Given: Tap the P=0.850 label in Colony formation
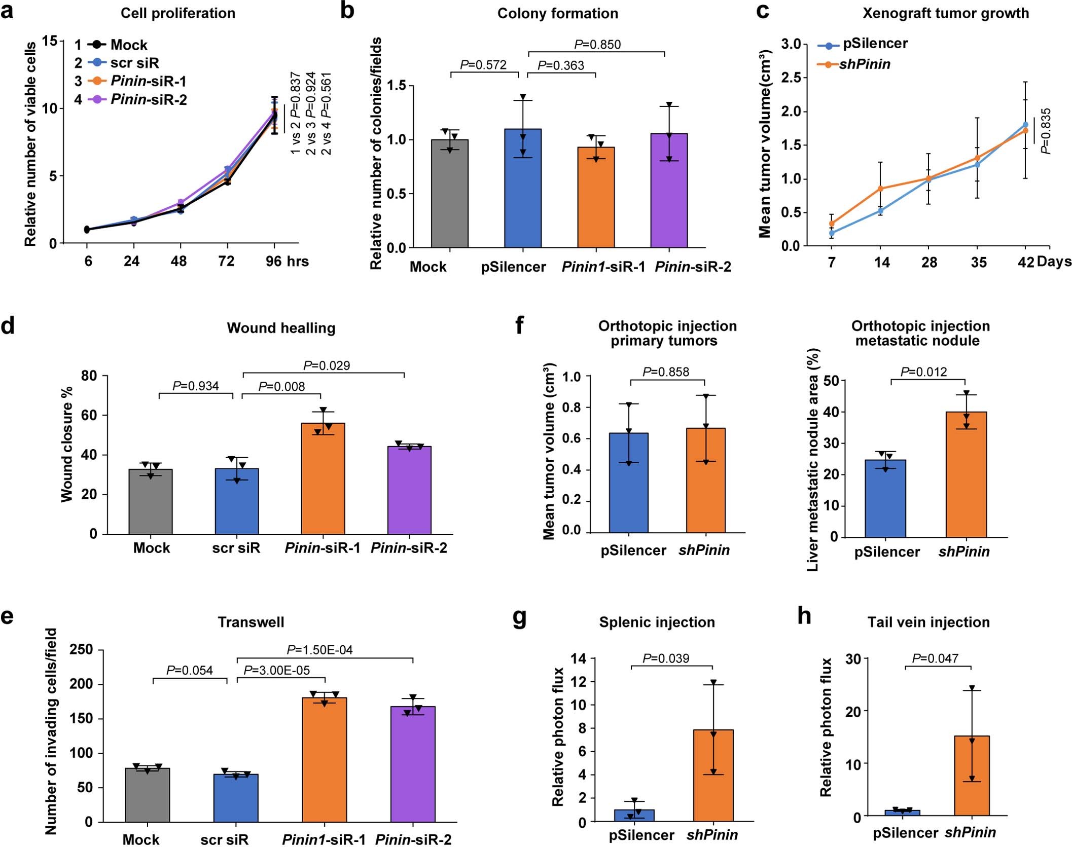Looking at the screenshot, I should click(597, 45).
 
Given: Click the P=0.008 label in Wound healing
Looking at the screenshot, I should click(281, 387).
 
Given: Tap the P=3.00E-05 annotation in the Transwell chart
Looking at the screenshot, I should click(276, 670).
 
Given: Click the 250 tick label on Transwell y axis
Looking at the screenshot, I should click(81, 649).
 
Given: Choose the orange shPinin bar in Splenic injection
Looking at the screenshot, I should click(713, 775).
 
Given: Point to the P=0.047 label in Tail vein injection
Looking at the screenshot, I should click(935, 658).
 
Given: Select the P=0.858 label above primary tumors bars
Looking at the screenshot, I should click(665, 372).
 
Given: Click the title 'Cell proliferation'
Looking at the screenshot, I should click(177, 13).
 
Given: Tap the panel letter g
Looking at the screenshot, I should click(520, 618).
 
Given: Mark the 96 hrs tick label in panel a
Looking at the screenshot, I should click(287, 261).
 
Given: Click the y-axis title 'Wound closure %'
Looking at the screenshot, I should click(67, 444).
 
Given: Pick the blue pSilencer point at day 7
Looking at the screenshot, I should click(832, 233).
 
